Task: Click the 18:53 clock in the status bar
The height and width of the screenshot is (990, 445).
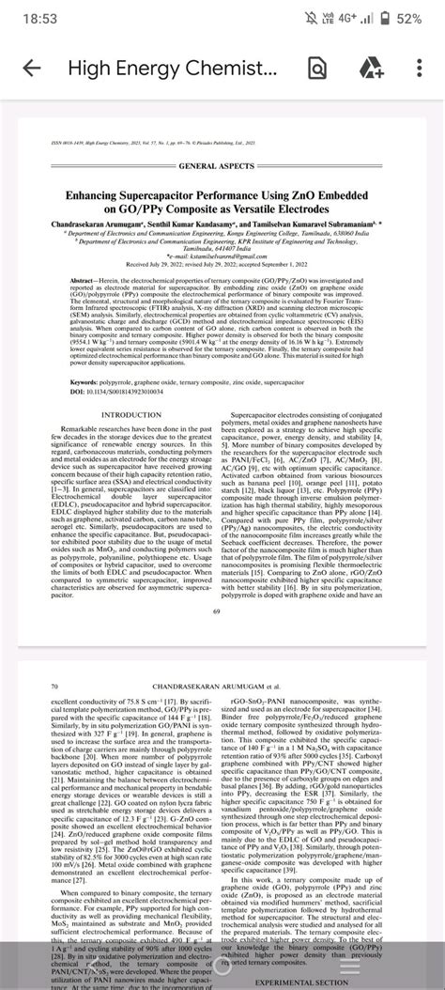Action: (x=32, y=18)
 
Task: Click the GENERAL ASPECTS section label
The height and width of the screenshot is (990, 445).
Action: (x=222, y=165)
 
